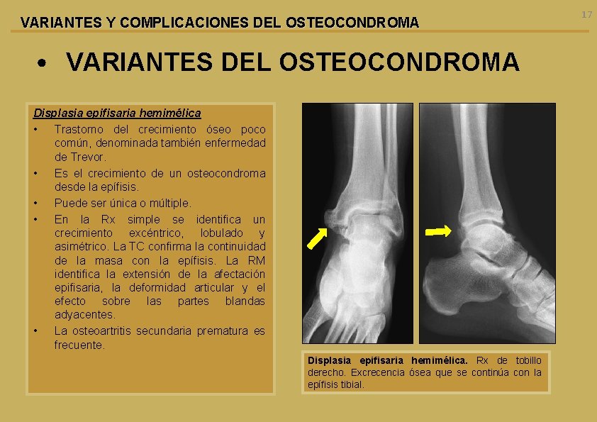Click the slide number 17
coord(586,14)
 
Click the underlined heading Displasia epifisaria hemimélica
coord(117,113)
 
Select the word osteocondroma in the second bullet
coord(231,173)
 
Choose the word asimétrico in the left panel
coord(80,247)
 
